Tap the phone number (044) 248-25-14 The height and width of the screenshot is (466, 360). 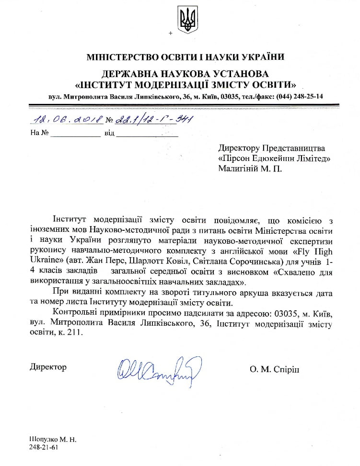point(299,96)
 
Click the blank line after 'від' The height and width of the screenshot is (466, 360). point(147,135)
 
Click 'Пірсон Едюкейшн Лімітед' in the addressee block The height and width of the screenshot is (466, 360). point(274,158)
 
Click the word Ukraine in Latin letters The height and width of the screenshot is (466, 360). point(44,262)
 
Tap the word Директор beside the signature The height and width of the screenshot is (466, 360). point(48,367)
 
